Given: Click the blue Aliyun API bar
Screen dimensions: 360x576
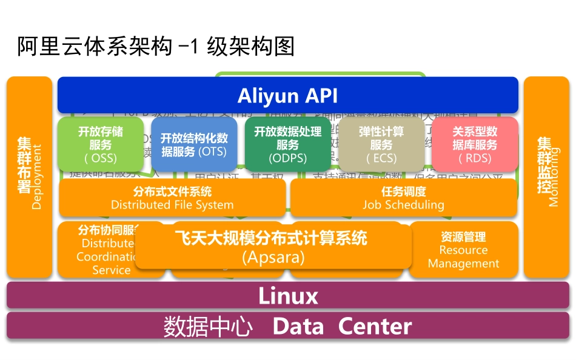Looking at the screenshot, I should click(287, 95).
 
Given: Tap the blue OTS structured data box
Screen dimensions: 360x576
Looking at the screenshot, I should click(194, 145).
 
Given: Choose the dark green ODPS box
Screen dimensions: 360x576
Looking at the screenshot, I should click(287, 145).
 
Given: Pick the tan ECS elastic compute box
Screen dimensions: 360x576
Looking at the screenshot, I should click(381, 145).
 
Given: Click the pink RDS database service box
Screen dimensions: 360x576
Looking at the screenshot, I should click(475, 145).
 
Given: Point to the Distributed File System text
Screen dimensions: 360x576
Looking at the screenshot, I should click(172, 205).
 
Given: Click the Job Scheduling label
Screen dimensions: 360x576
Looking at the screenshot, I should click(403, 205).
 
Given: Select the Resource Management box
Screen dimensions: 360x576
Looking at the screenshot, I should click(464, 250).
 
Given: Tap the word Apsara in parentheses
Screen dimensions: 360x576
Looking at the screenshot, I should click(273, 257).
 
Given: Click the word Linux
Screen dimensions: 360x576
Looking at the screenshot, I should click(288, 296).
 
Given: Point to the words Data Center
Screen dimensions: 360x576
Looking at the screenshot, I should click(342, 327).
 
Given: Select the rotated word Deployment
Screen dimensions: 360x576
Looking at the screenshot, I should click(37, 176).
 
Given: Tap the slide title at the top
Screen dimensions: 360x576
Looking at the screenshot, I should click(156, 47).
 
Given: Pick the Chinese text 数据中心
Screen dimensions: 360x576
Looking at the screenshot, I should click(208, 327).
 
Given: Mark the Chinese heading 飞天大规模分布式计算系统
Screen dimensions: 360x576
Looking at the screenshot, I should click(271, 238).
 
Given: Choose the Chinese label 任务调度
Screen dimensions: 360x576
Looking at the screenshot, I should click(403, 192).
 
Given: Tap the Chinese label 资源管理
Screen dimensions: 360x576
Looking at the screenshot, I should click(464, 236).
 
